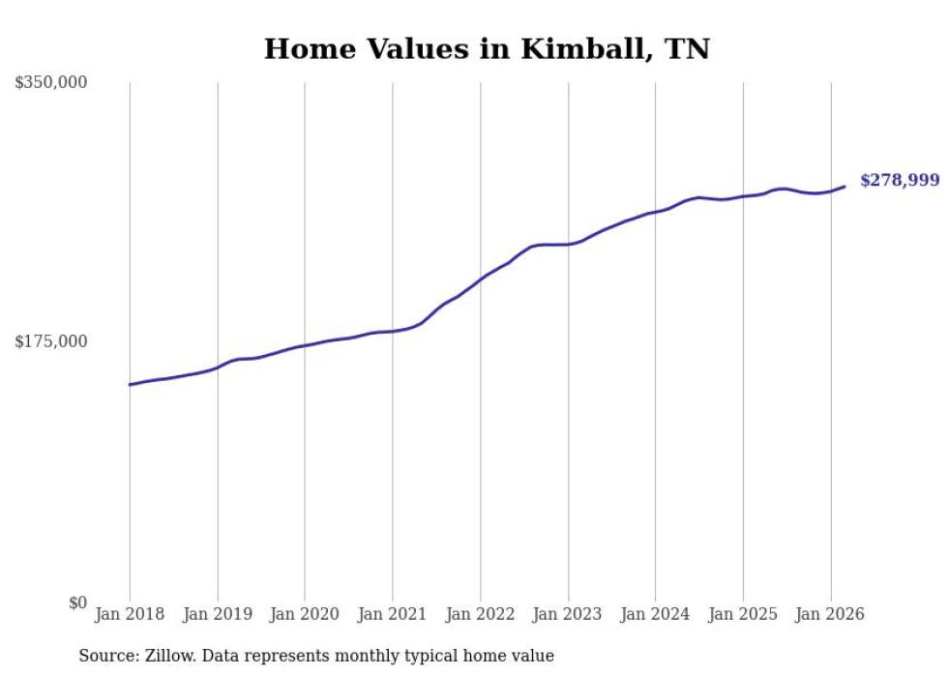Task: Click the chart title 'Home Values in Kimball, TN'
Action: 487,48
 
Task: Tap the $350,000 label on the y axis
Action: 51,83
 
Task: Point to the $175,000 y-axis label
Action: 51,341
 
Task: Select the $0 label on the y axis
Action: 77,603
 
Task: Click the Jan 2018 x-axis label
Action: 130,614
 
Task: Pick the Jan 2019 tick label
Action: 218,614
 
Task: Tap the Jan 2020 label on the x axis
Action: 305,614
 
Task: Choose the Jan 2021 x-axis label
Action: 393,614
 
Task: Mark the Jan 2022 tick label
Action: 480,614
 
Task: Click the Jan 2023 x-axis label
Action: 568,614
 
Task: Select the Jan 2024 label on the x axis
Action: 655,614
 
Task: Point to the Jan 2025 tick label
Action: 743,614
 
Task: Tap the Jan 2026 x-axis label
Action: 830,614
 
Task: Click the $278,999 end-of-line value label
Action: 899,181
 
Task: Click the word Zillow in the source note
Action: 166,656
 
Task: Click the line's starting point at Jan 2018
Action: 130,385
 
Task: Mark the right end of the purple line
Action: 844,187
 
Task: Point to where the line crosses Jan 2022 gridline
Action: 480,279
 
